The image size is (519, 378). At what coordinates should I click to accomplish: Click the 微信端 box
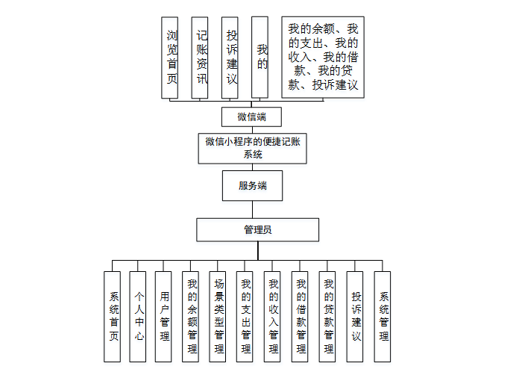coord(251,117)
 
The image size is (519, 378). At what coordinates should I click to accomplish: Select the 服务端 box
coord(252,186)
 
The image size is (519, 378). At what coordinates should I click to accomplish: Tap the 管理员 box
coord(257,229)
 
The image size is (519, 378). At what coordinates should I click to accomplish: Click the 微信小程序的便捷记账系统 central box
coord(253,148)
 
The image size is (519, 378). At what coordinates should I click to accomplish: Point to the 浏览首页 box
coord(172,58)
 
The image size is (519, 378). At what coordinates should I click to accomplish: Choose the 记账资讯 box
coord(201,58)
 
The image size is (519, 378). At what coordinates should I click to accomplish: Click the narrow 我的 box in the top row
coord(260,58)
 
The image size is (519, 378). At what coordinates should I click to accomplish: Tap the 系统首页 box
coord(113,317)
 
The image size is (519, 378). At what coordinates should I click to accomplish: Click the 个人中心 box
coord(138,317)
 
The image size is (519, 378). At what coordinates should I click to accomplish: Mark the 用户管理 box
coord(164,317)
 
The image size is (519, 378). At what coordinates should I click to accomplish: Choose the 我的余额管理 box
coord(192,317)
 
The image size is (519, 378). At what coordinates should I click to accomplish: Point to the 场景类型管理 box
coord(218,317)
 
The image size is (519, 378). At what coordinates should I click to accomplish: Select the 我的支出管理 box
coord(245,317)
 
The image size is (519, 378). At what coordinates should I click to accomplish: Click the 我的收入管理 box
coord(273,317)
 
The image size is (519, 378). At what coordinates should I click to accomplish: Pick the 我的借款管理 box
coord(301,317)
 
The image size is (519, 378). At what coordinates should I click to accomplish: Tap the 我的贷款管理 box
coord(328,317)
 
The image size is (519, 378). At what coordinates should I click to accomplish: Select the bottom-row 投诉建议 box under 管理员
coord(356,317)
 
